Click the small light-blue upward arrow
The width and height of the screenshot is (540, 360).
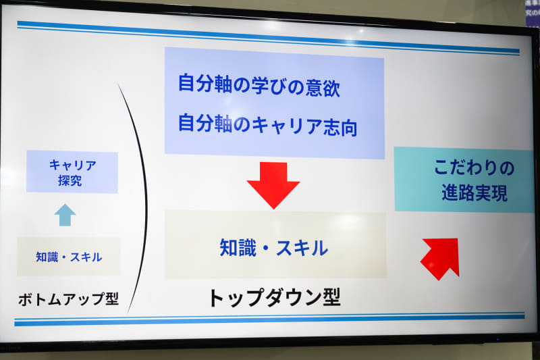point(65,215)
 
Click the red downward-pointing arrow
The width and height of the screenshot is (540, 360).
point(273,184)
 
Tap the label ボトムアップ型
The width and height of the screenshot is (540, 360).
point(68,299)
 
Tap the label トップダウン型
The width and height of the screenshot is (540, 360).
point(273,297)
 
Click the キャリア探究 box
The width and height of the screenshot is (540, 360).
point(72,172)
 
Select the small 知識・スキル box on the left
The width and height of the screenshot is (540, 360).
point(69,257)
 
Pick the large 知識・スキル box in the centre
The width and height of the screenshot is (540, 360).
point(275,247)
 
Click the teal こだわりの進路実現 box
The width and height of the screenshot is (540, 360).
point(464,180)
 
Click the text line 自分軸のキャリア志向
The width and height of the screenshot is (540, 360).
point(267,125)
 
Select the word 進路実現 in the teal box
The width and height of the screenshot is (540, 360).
point(470,195)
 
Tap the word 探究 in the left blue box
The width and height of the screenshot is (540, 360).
point(71,180)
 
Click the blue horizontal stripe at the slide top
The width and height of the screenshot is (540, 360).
point(270,37)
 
